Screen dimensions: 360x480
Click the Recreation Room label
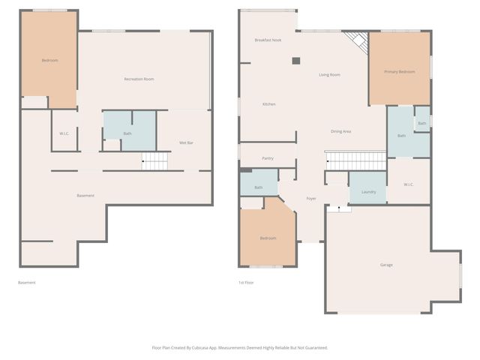tap(139, 79)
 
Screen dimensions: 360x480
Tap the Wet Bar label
tap(186, 142)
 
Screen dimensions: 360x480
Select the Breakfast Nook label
tap(268, 40)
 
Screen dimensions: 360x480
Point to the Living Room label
tap(329, 74)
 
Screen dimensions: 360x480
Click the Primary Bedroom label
tap(399, 71)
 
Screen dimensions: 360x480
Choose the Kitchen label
tap(268, 103)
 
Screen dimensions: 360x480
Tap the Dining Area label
tap(341, 131)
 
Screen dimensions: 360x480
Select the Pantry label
tap(267, 158)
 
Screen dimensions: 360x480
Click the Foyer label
tap(311, 198)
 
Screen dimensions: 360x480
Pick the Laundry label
tap(368, 192)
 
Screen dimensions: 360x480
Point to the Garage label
tap(386, 264)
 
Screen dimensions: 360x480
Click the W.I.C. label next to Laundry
tap(409, 184)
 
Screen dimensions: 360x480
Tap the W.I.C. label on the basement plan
tap(64, 133)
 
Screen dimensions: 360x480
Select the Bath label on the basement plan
tap(128, 134)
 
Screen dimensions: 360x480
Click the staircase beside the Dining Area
tap(355, 160)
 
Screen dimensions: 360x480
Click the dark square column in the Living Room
tap(296, 61)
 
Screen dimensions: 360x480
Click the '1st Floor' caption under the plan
tap(246, 282)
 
